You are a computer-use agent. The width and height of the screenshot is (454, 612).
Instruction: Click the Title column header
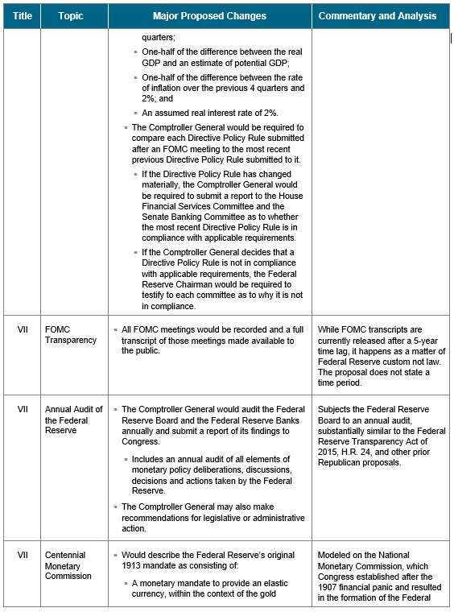click(x=22, y=16)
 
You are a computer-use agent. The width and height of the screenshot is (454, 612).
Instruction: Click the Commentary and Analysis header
click(x=378, y=16)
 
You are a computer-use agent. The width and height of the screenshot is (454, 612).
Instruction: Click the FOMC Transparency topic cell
click(x=71, y=334)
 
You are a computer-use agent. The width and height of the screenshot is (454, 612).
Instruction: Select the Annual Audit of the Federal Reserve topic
click(x=74, y=420)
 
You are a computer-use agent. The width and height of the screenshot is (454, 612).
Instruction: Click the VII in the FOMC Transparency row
click(x=23, y=329)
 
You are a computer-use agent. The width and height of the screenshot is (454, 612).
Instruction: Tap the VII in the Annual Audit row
click(x=23, y=409)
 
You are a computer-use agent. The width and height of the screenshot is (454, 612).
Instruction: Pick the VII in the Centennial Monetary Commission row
click(x=23, y=555)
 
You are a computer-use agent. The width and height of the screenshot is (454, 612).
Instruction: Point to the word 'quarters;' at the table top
click(x=159, y=38)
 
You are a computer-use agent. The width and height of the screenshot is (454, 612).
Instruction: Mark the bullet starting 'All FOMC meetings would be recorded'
click(x=207, y=340)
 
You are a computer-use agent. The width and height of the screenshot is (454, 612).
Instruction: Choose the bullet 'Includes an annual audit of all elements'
click(x=213, y=475)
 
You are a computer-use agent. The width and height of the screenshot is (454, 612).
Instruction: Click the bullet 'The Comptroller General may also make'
click(x=213, y=517)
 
